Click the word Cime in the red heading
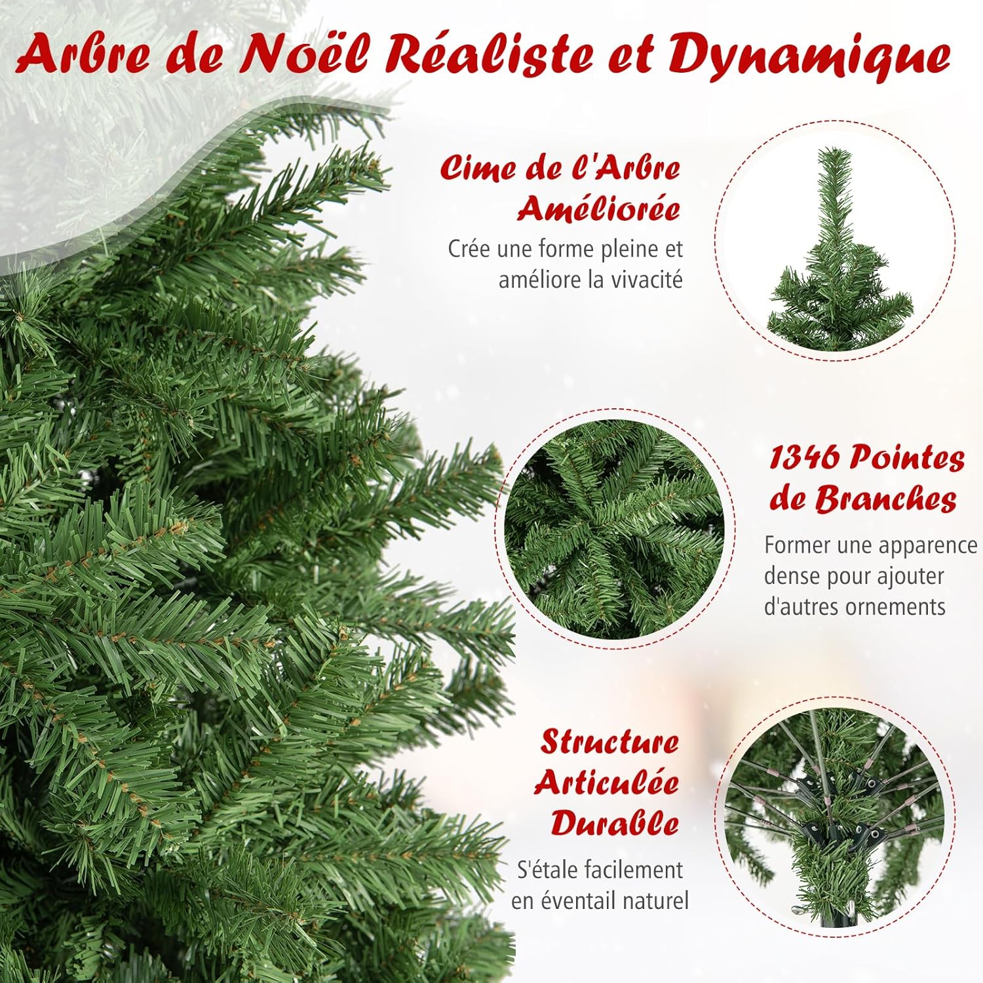pyautogui.click(x=478, y=168)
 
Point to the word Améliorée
pyautogui.click(x=599, y=209)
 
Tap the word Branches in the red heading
pyautogui.click(x=885, y=499)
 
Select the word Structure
pyautogui.click(x=609, y=743)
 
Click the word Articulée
pyautogui.click(x=606, y=783)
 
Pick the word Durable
pyautogui.click(x=615, y=823)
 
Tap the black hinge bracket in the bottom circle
pyautogui.click(x=834, y=806)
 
